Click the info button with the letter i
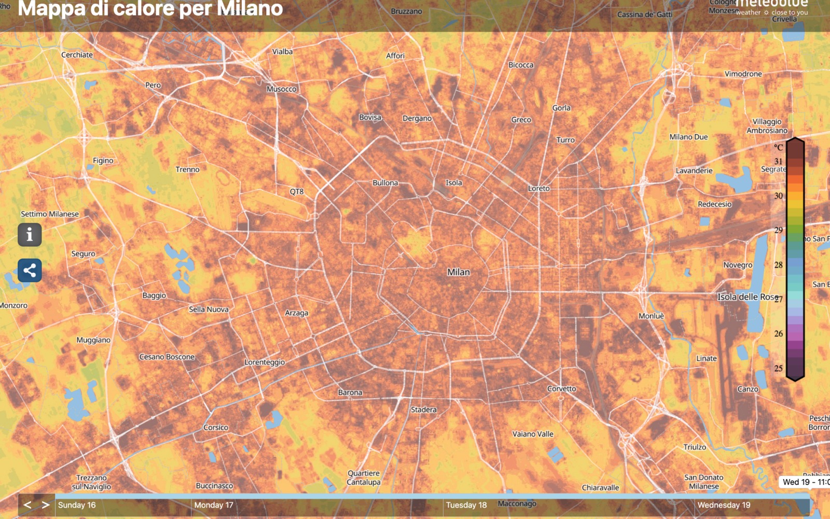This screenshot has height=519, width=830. [30, 235]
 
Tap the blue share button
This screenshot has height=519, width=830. [30, 270]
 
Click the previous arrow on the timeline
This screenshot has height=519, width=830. [27, 504]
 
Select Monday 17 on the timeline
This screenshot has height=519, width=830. [214, 505]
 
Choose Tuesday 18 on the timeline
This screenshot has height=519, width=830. [466, 505]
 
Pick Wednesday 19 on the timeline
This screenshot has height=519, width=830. [724, 505]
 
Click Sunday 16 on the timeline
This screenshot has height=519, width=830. [77, 505]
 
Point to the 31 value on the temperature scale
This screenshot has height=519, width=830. [778, 161]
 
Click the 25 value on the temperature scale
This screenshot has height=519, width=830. [778, 368]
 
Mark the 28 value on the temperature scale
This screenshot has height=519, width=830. [778, 265]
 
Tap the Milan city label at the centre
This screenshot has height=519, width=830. [459, 272]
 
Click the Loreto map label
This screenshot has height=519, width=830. [539, 189]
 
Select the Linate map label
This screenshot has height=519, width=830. [707, 358]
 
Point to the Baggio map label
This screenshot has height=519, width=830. [154, 296]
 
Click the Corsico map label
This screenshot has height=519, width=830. [216, 428]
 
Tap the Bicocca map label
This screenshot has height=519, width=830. [521, 65]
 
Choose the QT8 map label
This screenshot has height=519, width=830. [297, 192]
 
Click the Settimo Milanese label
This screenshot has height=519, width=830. [50, 214]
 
